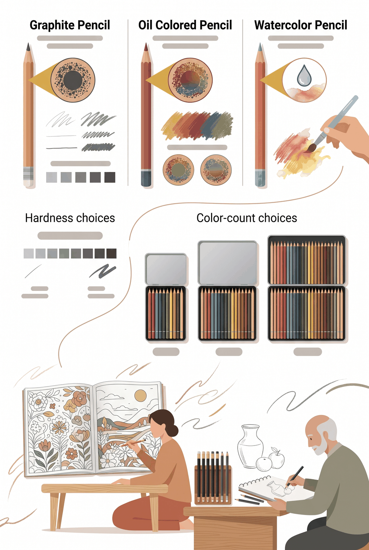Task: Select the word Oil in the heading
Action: coord(145,25)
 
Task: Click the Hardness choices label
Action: coord(70,218)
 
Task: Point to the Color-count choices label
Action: coord(246,218)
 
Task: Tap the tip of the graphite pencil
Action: coord(29,44)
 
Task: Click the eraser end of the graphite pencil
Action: coord(28,181)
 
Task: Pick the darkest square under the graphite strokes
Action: coord(110,177)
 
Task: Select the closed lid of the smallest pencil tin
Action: coord(166,269)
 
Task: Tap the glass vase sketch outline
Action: coord(250,446)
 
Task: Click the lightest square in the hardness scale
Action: coord(29,253)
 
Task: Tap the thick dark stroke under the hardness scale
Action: coord(103,271)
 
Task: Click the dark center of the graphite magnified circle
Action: coord(73,80)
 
